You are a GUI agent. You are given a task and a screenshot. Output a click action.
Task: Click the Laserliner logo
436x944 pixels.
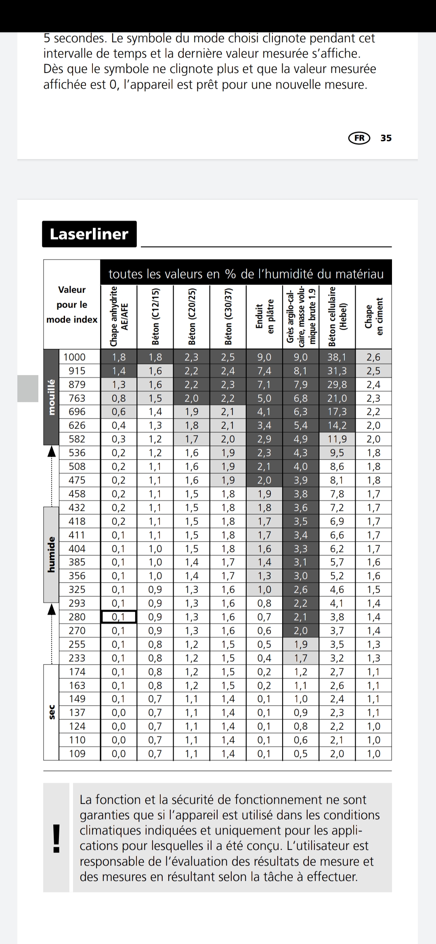[x=89, y=234]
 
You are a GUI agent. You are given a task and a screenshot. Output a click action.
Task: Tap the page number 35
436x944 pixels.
[x=386, y=138]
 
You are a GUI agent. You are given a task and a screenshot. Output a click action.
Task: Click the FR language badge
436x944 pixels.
[x=359, y=138]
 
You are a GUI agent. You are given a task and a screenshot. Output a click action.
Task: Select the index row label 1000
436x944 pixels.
[x=75, y=357]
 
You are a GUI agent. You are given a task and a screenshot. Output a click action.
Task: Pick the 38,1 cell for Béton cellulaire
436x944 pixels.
[x=337, y=357]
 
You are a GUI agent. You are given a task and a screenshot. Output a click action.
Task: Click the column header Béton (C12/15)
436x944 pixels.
[x=155, y=317]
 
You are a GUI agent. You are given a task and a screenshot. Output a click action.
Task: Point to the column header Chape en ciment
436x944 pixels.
[x=373, y=317]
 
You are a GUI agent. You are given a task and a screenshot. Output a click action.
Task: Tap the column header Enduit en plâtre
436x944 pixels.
[x=264, y=317]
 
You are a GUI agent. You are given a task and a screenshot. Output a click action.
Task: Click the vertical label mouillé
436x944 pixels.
[x=51, y=397]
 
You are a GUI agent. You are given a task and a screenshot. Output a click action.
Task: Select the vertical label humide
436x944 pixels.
[x=51, y=554]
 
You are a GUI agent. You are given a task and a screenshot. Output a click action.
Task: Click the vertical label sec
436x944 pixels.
[x=51, y=712]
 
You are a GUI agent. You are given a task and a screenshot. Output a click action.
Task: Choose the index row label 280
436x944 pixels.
[x=77, y=617]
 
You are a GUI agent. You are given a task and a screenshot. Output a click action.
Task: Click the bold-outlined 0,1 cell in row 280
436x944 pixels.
[x=119, y=617]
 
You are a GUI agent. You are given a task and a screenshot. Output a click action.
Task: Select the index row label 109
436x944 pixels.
[x=77, y=754]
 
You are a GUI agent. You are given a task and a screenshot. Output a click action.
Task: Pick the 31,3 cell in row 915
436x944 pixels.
[x=337, y=371]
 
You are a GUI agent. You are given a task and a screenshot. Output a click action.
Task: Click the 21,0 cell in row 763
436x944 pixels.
[x=337, y=398]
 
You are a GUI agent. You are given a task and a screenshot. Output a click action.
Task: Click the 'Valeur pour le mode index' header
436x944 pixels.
[x=72, y=305]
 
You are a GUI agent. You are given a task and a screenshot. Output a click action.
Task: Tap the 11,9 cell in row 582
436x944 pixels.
[x=337, y=439]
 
